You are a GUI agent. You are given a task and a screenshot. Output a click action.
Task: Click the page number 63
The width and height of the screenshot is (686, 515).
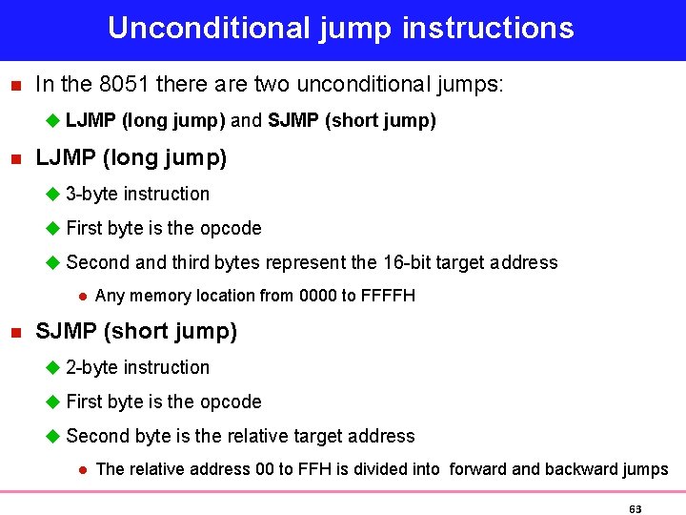tap(636, 509)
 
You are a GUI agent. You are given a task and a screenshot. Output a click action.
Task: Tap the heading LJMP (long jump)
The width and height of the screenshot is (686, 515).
tap(131, 157)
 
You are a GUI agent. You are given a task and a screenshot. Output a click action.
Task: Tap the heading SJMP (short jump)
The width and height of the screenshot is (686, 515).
tap(136, 331)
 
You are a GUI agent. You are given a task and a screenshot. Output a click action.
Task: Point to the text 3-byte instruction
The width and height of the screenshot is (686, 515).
tap(138, 194)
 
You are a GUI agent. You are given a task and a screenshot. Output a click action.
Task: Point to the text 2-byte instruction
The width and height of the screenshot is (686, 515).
tap(138, 367)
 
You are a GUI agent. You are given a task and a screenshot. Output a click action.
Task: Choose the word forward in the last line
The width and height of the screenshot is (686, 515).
tap(481, 469)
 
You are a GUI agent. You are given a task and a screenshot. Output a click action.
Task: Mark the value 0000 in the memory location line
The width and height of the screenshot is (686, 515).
tap(317, 296)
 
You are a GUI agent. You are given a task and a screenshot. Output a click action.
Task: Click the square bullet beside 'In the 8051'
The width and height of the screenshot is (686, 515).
tap(14, 85)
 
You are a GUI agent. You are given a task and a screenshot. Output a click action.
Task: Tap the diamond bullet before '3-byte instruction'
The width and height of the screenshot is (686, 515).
tap(53, 194)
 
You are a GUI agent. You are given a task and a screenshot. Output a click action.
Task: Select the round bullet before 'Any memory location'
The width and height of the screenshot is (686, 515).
tap(83, 296)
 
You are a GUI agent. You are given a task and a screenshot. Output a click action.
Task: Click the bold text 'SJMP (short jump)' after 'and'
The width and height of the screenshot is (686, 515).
tap(352, 120)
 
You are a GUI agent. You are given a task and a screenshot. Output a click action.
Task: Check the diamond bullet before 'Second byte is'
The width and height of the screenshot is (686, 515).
tap(53, 436)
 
